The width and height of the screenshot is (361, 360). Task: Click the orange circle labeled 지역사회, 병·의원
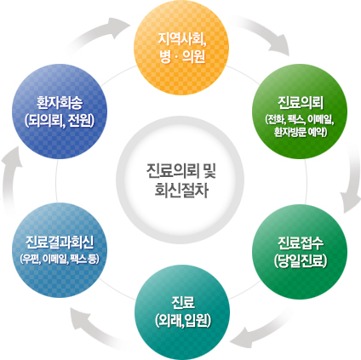point(181,48)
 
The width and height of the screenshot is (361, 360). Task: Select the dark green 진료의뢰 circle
point(300,111)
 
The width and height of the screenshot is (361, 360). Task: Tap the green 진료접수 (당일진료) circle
point(300,252)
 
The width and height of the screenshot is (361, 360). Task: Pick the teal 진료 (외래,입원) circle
point(182,312)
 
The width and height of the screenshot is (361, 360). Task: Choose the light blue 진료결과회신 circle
point(60,250)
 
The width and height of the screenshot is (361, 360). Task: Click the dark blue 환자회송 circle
point(60,111)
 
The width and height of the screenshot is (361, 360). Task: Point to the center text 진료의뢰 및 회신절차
point(181,180)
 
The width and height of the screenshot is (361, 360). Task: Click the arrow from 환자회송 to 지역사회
point(96,32)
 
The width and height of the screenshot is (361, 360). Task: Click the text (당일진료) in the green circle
point(301,260)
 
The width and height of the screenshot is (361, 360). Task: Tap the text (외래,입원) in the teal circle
point(183,321)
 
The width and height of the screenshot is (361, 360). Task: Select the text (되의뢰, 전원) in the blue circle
point(60,120)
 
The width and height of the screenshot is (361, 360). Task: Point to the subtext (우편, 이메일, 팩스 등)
point(60,259)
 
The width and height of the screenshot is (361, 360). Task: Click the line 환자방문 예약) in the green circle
point(301,132)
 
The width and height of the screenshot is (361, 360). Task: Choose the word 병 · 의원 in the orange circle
point(182,57)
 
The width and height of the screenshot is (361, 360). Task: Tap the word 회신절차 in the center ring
point(181,191)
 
